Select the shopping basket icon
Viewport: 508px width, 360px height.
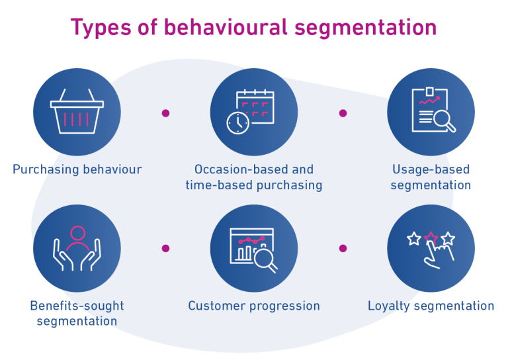tap(77, 112)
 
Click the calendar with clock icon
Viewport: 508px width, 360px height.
tap(254, 112)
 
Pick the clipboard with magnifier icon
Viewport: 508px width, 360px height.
tap(431, 112)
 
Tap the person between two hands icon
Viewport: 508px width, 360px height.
tap(77, 248)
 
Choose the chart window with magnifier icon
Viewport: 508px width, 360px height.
tap(254, 248)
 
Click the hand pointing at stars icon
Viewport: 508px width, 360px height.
tap(431, 248)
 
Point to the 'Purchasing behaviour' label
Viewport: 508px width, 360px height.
tap(77, 169)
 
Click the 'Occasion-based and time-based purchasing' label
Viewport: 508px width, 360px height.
tap(254, 177)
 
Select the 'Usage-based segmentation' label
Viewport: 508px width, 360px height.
tap(431, 177)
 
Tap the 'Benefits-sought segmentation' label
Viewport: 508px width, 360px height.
tap(77, 314)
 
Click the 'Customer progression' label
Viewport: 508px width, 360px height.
tap(254, 306)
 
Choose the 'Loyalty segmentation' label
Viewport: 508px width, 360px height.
tap(431, 306)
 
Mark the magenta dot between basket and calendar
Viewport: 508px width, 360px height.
tap(165, 113)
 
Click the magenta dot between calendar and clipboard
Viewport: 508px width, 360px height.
tap(343, 113)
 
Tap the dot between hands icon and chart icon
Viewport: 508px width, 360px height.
tap(165, 249)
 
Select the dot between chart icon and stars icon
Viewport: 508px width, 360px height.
tap(343, 249)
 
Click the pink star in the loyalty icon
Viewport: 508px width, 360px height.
tap(431, 237)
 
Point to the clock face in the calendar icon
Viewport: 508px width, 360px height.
tap(238, 122)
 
